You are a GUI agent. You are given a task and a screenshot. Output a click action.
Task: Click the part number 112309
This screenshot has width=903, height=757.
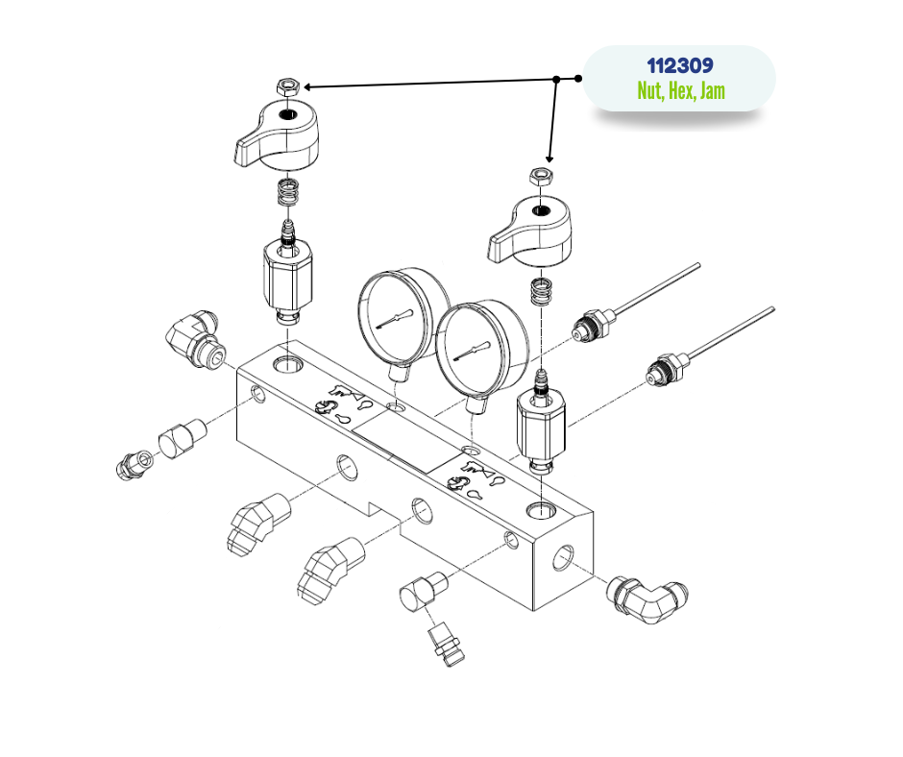pos(680,65)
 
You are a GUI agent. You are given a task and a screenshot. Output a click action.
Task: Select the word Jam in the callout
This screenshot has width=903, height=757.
pos(713,91)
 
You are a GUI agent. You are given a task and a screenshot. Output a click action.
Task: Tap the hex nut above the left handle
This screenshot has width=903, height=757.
pos(288,87)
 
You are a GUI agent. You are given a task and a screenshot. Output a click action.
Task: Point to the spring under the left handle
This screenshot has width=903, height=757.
pos(288,191)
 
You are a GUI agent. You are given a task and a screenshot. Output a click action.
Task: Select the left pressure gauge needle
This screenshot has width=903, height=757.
pos(395,320)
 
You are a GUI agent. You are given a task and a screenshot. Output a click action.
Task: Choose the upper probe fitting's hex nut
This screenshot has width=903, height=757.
pos(596,325)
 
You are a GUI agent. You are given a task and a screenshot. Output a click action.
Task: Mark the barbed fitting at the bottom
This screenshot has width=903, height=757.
pos(447,644)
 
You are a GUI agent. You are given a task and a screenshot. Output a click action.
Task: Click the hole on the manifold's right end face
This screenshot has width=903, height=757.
pos(563,558)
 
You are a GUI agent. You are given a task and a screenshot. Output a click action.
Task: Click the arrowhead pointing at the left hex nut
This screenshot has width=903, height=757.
pos(307,87)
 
